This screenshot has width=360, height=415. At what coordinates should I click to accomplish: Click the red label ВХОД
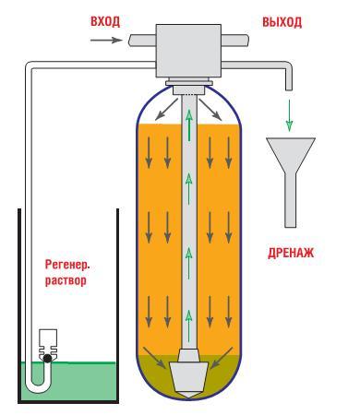click(x=105, y=21)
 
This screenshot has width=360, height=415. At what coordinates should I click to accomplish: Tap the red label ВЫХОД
click(x=282, y=22)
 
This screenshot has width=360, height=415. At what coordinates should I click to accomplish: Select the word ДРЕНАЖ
click(x=291, y=253)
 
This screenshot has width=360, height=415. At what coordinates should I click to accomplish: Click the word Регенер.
click(x=67, y=265)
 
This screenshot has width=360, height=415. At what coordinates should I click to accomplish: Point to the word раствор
click(x=66, y=280)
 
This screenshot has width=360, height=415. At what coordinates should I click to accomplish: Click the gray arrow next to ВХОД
click(x=106, y=40)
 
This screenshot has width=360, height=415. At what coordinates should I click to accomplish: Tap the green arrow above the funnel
click(x=289, y=115)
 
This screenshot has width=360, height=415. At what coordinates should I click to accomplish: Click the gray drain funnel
click(x=291, y=182)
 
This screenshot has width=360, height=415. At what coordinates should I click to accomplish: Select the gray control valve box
click(x=188, y=51)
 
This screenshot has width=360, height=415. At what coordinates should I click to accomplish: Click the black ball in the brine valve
click(x=47, y=358)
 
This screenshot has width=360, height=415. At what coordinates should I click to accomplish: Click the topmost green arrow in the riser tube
click(x=189, y=125)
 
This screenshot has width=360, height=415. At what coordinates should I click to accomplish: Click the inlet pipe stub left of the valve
click(x=142, y=41)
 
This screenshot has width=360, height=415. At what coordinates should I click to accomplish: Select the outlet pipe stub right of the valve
click(x=234, y=40)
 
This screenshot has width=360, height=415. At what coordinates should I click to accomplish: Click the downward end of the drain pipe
click(x=288, y=89)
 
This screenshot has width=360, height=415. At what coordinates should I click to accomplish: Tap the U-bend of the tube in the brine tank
click(x=38, y=384)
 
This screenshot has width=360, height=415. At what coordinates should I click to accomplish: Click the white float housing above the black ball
click(x=48, y=341)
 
